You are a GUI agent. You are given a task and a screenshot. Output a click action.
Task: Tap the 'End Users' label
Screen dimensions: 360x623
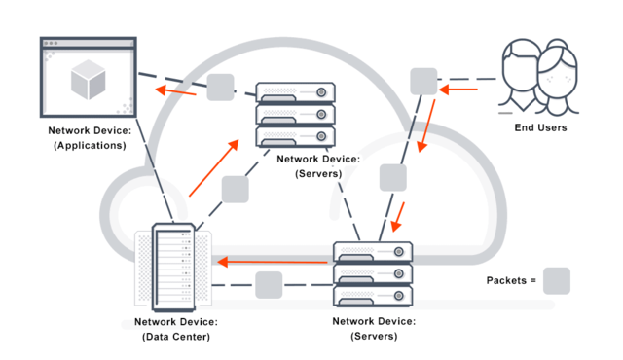540,127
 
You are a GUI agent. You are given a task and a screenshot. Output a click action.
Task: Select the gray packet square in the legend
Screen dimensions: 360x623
557,281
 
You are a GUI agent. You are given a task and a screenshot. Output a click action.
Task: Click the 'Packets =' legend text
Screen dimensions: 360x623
511,281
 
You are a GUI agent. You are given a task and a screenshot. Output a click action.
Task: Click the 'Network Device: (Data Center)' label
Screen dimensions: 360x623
175,329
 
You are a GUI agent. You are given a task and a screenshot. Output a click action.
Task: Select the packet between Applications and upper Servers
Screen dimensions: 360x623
221,88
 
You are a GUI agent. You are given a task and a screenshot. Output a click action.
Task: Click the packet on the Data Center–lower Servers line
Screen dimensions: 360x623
269,285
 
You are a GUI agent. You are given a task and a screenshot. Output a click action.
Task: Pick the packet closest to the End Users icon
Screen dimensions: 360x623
422,82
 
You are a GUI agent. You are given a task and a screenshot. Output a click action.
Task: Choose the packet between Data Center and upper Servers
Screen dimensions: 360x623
236,189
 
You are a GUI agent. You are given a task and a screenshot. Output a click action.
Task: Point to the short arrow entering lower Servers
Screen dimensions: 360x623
399,216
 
